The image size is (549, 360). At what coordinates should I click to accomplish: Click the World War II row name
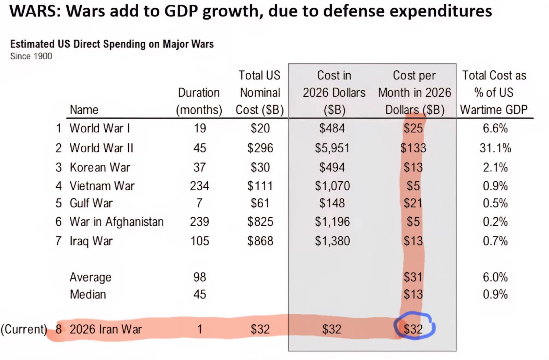point(101,148)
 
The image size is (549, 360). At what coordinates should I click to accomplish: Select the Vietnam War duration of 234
point(199,186)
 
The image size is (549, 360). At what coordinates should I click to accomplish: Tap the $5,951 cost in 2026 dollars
point(332,148)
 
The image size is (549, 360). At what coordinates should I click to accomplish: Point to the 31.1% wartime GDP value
point(495,148)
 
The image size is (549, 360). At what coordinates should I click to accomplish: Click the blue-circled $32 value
point(413,329)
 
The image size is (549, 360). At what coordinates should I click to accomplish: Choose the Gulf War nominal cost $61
point(260,203)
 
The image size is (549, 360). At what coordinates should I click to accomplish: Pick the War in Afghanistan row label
point(116,222)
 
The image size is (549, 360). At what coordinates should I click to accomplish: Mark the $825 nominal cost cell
point(260,222)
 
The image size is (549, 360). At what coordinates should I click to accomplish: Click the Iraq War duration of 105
point(199,241)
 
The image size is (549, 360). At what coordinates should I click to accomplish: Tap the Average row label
point(90,277)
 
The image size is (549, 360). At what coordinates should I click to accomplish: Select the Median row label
point(88,295)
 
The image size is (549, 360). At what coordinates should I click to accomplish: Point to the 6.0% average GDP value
point(495,277)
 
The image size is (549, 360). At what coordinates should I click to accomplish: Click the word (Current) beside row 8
point(24,329)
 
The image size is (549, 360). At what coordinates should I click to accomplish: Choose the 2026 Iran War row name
point(106,329)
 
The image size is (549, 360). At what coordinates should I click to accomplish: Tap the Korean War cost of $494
point(332,167)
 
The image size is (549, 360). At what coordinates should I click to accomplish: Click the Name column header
point(84,110)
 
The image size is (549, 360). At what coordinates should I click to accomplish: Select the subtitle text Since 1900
point(31,56)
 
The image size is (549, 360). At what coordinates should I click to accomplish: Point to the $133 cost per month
point(413,148)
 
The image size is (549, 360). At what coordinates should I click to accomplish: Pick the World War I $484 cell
point(332,128)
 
